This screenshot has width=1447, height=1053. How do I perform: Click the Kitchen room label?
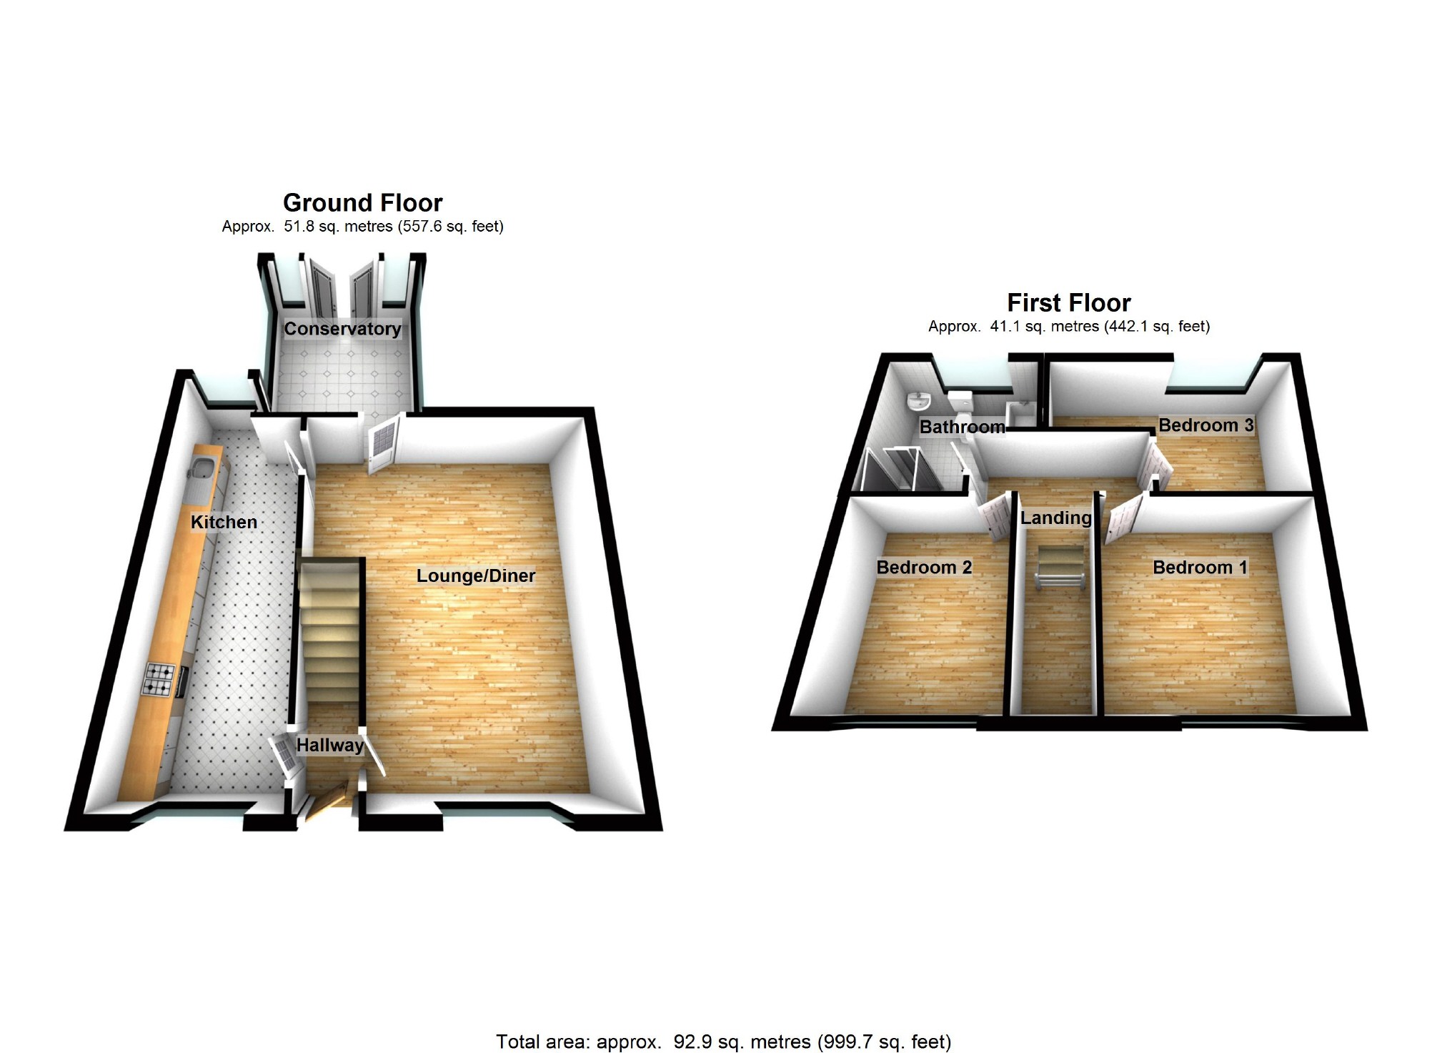224,522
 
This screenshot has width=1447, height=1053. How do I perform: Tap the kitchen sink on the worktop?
200,470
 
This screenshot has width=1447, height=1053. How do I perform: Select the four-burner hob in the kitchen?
159,680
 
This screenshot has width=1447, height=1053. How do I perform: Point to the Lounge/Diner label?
475,575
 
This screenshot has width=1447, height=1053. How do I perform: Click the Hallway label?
329,745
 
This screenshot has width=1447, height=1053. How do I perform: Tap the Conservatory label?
342,329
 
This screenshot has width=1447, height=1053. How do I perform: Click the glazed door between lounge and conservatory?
382,445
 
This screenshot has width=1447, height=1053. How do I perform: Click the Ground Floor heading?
362,203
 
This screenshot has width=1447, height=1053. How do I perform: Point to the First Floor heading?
1068,303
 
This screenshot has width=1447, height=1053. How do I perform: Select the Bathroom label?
962,427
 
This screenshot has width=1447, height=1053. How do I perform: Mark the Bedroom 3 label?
1205,425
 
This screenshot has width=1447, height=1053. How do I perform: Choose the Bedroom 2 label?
924,568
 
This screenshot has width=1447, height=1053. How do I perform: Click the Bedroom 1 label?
1200,568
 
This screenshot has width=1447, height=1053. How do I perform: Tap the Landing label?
1055,518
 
